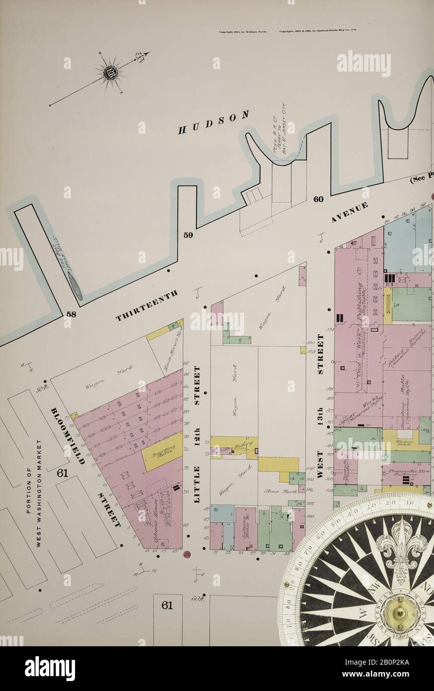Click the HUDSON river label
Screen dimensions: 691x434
click(x=213, y=123)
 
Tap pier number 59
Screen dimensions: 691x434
click(x=188, y=235)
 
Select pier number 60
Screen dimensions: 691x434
click(x=318, y=199)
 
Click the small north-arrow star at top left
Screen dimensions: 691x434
click(x=110, y=73)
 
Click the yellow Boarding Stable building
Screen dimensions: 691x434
click(x=162, y=451)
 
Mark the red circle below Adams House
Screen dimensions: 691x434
click(x=187, y=554)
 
